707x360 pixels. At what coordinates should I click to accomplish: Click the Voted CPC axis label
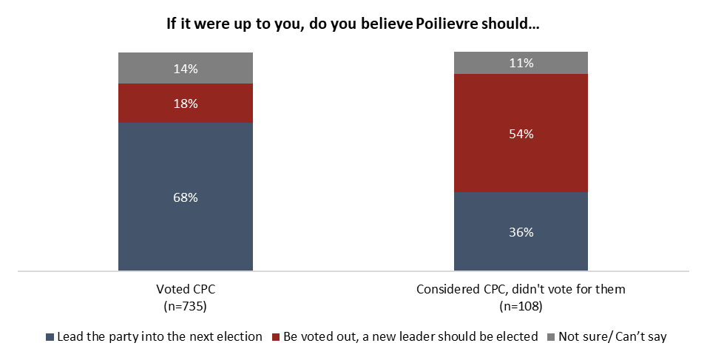point(185,289)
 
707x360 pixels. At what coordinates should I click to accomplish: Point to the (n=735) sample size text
point(185,305)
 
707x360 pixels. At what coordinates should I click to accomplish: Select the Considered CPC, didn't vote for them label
point(521,289)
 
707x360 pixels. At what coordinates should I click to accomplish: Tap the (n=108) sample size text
point(521,305)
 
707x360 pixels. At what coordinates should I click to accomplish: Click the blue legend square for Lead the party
point(50,337)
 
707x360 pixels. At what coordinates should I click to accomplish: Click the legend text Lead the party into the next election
point(159,336)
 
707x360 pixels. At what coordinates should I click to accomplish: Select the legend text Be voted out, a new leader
point(410,336)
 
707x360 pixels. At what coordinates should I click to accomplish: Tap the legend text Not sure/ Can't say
point(613,336)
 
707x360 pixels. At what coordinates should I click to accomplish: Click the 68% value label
point(186,197)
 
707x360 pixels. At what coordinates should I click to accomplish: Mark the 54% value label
point(521,134)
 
